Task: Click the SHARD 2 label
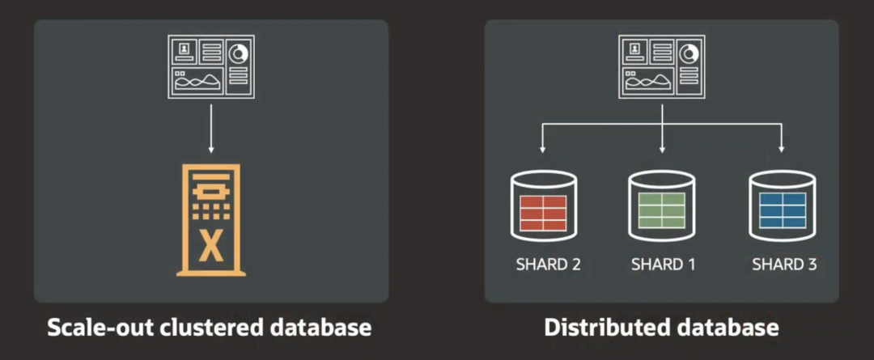[x=549, y=264]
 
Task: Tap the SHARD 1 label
[x=664, y=264]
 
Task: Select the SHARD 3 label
[x=784, y=264]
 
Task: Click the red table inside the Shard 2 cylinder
[x=543, y=213]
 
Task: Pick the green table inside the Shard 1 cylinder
[x=662, y=210]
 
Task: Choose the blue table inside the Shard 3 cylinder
[x=783, y=210]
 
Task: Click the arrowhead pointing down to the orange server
[x=210, y=149]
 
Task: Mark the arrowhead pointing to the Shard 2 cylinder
[x=541, y=149]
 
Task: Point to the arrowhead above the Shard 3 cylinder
[x=782, y=149]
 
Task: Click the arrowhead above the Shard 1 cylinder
[x=662, y=149]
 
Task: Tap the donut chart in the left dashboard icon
[x=240, y=53]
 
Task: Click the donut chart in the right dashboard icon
[x=690, y=53]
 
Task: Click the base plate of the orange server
[x=211, y=273]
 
